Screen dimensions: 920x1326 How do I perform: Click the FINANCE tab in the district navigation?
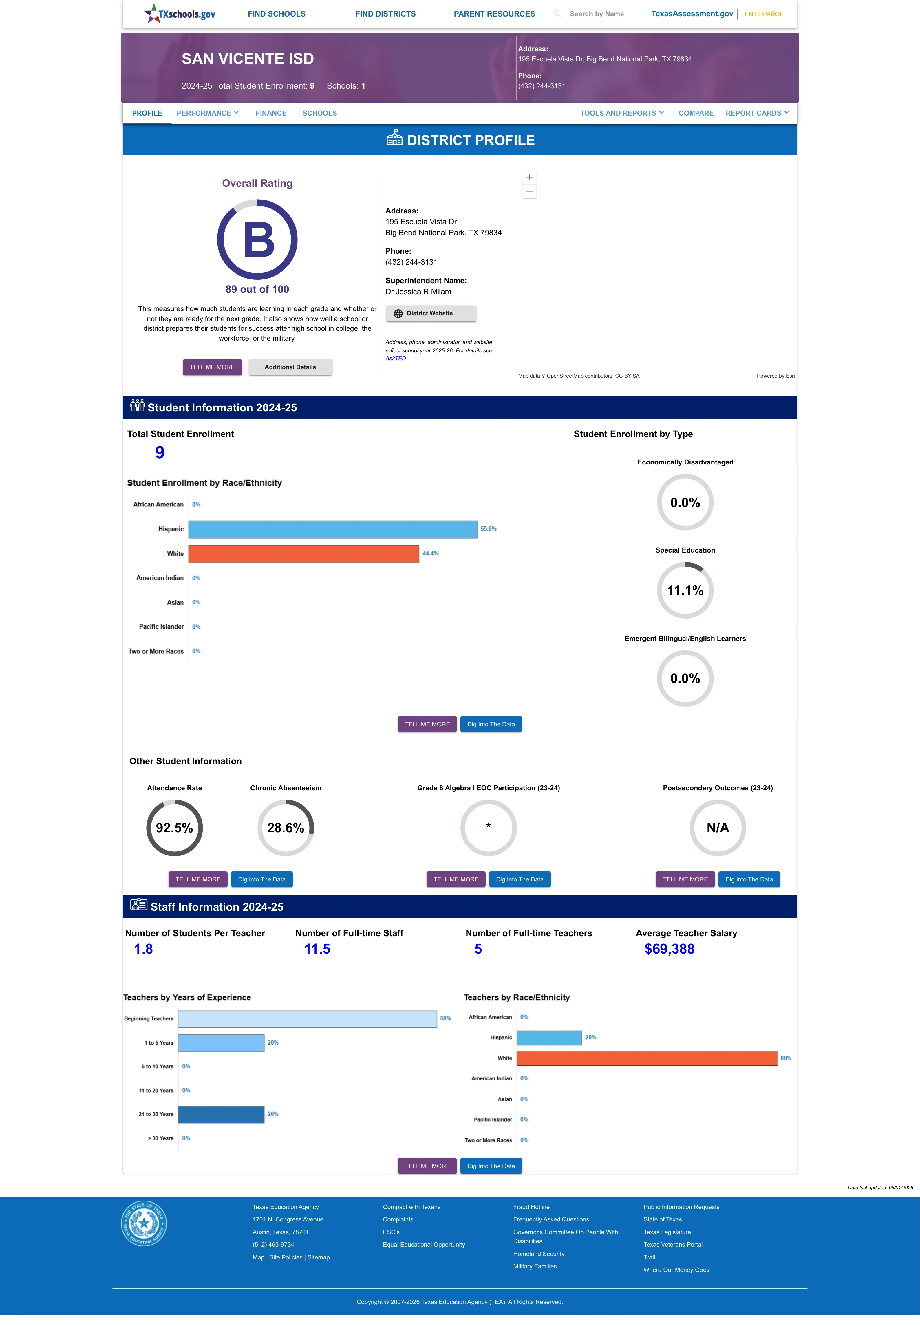tap(271, 113)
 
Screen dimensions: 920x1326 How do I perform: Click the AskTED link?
tap(396, 359)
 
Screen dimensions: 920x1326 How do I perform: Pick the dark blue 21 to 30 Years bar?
tap(221, 1115)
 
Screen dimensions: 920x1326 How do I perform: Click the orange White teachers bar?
tap(647, 1058)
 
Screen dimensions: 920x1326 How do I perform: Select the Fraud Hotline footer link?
tap(531, 1207)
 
